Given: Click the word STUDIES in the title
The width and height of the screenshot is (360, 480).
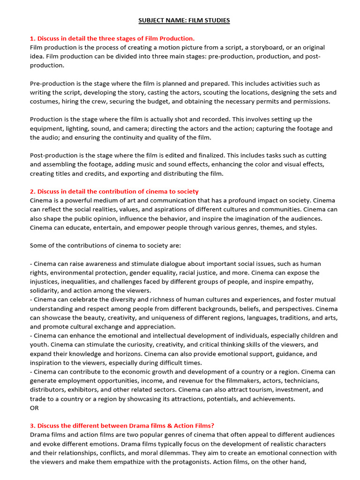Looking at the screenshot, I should click(216, 21).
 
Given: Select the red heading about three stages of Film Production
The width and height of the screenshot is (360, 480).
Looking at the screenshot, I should click(112, 38).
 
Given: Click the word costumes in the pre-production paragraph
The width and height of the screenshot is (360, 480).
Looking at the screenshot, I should click(45, 101).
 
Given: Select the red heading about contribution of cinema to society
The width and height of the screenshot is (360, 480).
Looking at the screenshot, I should click(114, 191).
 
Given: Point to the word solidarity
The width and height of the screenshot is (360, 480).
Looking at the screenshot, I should click(45, 290).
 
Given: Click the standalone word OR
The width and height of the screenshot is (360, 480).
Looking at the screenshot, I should click(35, 407).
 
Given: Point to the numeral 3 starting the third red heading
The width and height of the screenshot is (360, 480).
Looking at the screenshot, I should click(32, 426).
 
